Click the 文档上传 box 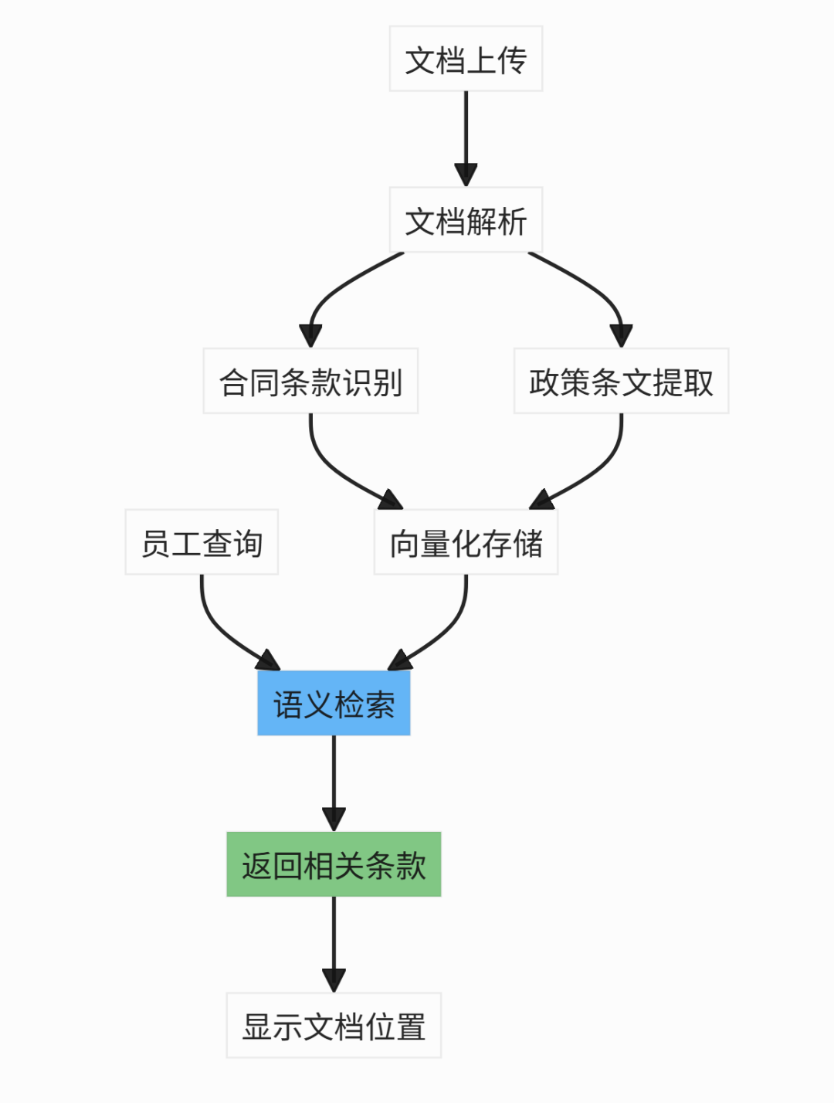[x=466, y=59]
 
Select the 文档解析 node [x=466, y=220]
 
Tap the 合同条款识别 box [x=310, y=381]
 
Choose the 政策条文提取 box [x=621, y=381]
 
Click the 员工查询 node [x=202, y=542]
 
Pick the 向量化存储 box [x=466, y=542]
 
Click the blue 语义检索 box [x=334, y=703]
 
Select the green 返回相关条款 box [x=334, y=864]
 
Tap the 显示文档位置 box [x=334, y=1026]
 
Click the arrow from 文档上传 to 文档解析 [x=466, y=131]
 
